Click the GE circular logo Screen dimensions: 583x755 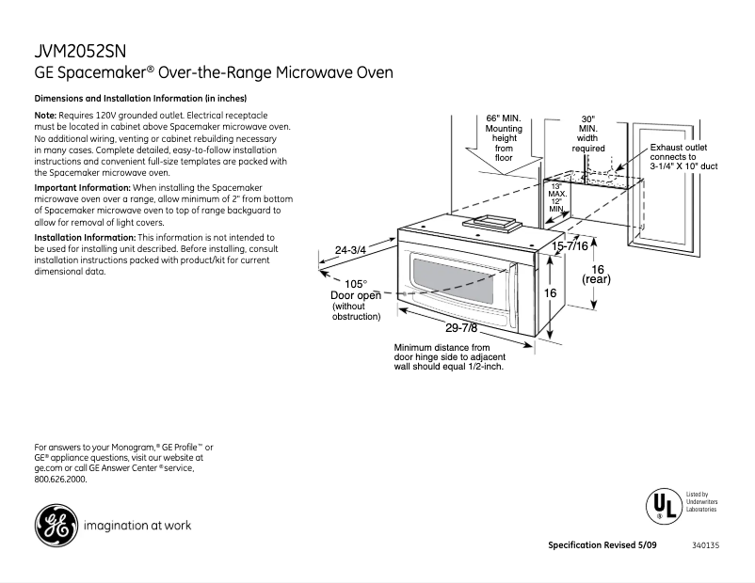point(56,525)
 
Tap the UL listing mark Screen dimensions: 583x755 point(663,505)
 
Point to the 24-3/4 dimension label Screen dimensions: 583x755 point(350,250)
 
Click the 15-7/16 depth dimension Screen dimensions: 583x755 point(570,245)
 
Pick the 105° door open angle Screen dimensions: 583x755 point(355,283)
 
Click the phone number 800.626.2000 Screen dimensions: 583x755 point(60,479)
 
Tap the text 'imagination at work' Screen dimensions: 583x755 point(137,525)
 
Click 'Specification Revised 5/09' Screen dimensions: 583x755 point(605,546)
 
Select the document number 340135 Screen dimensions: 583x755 point(705,546)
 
